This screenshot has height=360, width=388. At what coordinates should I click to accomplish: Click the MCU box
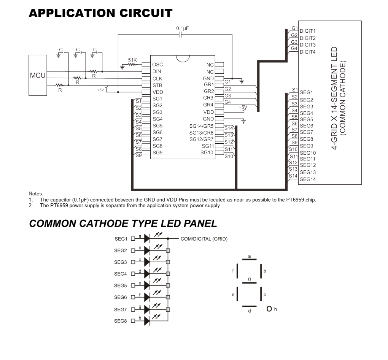point(37,75)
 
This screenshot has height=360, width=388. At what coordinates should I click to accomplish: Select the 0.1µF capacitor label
point(183,29)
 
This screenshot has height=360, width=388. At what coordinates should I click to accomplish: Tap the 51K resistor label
point(132,60)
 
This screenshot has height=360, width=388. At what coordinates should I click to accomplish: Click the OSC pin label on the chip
point(157,65)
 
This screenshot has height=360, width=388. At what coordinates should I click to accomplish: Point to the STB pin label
point(157,85)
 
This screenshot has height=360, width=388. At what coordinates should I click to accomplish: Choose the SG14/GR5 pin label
point(202,126)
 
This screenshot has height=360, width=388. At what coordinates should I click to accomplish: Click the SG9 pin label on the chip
point(157,152)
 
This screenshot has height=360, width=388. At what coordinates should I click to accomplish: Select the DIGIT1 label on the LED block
point(308,31)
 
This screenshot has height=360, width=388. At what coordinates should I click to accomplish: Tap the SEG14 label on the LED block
point(307,179)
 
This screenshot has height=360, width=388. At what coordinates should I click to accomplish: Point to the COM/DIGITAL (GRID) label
point(204,239)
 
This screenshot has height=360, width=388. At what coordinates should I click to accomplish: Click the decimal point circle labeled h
point(269,309)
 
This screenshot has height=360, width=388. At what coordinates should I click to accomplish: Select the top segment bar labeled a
point(250,260)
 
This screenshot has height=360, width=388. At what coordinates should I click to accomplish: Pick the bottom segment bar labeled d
point(250,306)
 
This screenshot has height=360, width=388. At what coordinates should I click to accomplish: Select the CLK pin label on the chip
point(157,78)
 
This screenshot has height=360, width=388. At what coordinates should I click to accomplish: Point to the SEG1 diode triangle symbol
point(147,239)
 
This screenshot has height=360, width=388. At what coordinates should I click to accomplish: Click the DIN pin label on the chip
point(157,71)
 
